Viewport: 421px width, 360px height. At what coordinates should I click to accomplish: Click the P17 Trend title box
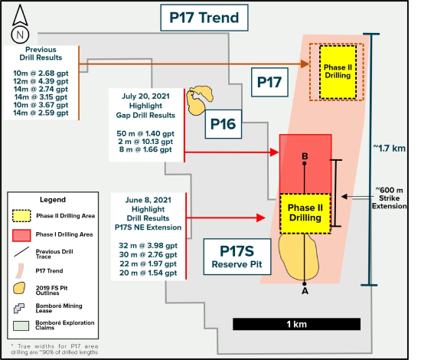coord(204,18)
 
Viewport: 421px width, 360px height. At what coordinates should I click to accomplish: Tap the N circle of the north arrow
coord(20,35)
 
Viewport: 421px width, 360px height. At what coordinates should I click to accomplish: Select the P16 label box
coord(223,124)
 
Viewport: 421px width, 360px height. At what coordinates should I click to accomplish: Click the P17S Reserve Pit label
coord(237,257)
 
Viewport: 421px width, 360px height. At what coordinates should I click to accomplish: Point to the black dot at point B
coord(304,163)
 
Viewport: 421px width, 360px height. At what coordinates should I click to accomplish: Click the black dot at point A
coord(304,283)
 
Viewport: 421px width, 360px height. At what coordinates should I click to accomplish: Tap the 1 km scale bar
coord(297,324)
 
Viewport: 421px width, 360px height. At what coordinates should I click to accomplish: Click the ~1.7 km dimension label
coord(390,148)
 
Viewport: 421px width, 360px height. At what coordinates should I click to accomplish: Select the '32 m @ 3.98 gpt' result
coord(148,246)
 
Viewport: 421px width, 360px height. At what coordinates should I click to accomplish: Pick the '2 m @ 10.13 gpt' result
coord(145,142)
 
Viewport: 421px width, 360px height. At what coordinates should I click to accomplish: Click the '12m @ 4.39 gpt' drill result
coord(41,81)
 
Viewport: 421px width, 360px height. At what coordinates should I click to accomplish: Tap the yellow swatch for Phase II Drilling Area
coord(21,216)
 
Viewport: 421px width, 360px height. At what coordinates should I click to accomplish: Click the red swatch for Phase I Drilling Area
coord(21,235)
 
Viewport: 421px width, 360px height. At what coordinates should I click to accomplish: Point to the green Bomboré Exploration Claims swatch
coord(21,326)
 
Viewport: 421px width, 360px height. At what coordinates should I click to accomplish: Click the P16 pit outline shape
coord(199,100)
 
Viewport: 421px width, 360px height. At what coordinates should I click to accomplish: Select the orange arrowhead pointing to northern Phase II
coord(305,64)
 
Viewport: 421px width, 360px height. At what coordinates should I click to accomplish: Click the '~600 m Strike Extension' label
coord(389,198)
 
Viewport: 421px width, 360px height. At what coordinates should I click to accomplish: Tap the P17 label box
coord(269,82)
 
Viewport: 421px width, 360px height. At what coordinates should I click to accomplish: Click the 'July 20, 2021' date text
coord(145,97)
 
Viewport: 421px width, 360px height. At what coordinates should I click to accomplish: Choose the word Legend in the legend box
coord(53,200)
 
